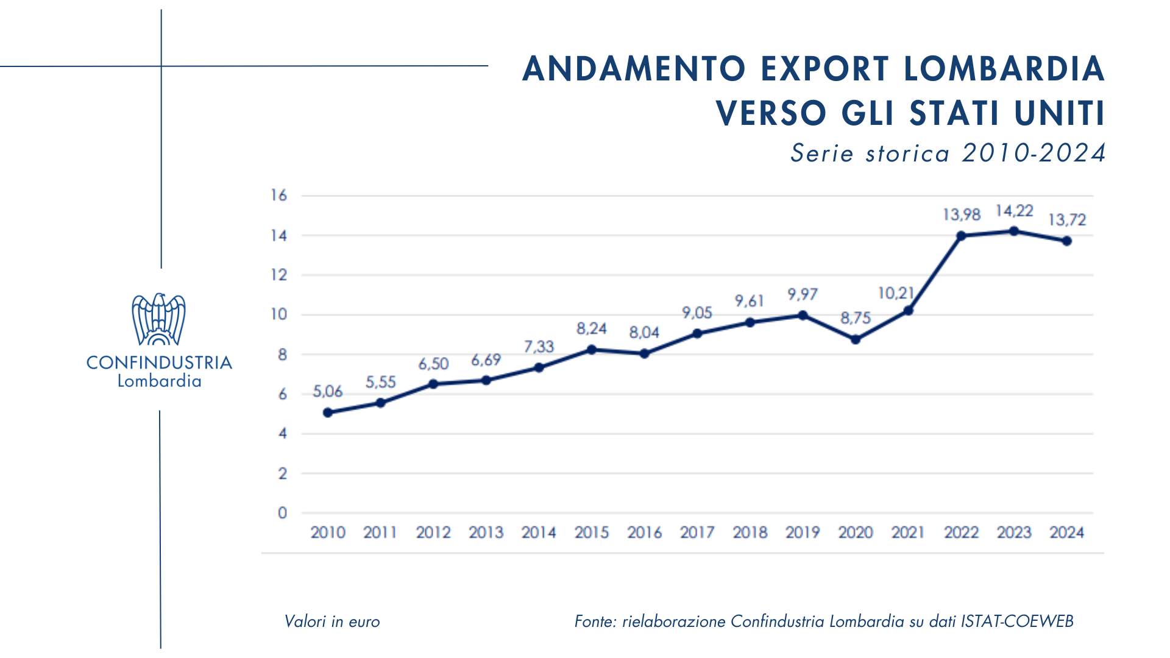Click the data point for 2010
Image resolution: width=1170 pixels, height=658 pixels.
(x=328, y=412)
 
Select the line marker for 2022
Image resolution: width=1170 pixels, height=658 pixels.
(x=961, y=236)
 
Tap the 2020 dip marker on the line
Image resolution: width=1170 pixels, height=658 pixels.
(x=856, y=339)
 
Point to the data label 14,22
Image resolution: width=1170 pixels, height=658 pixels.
(x=1014, y=211)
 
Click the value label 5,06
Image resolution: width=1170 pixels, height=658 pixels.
(x=328, y=391)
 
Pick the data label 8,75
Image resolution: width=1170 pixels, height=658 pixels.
(x=856, y=318)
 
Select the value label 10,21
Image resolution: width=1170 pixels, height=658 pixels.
(x=895, y=293)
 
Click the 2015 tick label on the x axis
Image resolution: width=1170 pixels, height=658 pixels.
(x=592, y=532)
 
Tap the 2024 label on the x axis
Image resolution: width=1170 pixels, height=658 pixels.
(x=1066, y=532)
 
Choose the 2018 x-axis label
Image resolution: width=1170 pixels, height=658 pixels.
(x=750, y=532)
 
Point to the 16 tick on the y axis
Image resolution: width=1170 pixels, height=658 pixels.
(x=278, y=196)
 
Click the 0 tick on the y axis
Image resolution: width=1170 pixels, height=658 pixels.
(x=282, y=513)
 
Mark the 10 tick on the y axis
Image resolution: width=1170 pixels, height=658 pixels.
(x=278, y=314)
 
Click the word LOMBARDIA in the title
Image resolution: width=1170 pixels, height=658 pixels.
(x=1004, y=68)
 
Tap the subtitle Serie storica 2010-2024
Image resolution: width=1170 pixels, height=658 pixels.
(x=948, y=153)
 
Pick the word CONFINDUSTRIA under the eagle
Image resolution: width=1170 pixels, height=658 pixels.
(x=159, y=363)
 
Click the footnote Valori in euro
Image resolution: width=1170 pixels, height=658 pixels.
(x=332, y=621)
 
